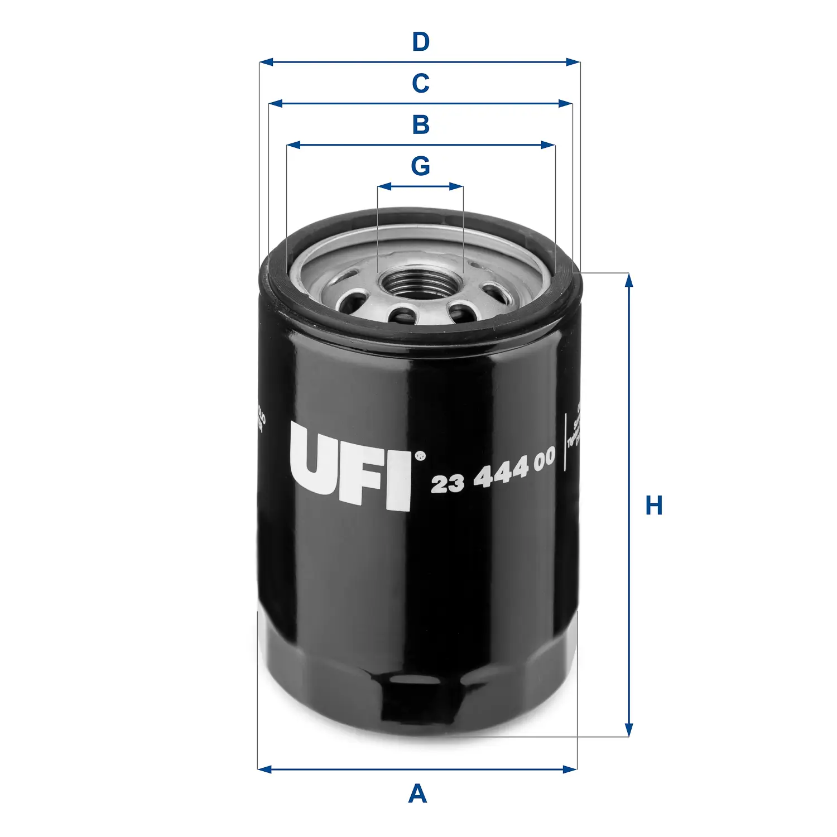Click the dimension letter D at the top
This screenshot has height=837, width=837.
[421, 42]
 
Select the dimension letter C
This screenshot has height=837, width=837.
[421, 84]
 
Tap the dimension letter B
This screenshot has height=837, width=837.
[421, 125]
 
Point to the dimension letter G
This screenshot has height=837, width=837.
[420, 166]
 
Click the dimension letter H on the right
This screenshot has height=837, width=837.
[653, 506]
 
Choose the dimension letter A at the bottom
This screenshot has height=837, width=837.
[417, 794]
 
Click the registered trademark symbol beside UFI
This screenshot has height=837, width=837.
[421, 456]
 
